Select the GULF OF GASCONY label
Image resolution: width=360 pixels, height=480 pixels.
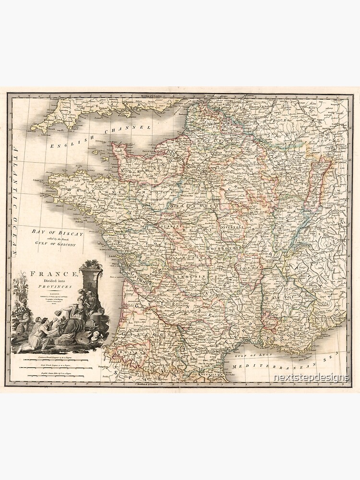(x=58, y=242)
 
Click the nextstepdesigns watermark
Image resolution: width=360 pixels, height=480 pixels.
(x=311, y=378)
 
